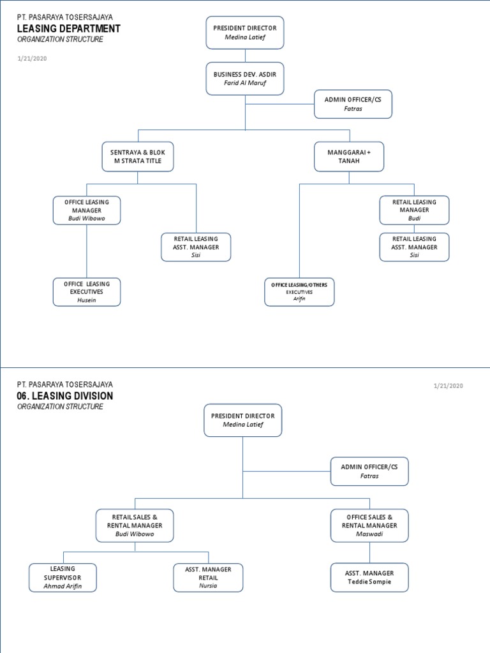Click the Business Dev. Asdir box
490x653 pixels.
click(245, 78)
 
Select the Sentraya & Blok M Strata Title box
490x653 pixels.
click(137, 157)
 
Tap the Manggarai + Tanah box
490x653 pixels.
click(349, 157)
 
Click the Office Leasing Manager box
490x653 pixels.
click(86, 210)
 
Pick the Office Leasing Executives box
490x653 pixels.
click(86, 291)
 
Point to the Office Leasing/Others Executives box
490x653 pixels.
click(299, 291)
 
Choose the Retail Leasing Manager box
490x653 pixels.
click(414, 210)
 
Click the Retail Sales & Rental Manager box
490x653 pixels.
click(135, 525)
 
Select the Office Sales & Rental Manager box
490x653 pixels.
click(369, 525)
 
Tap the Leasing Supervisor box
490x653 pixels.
click(63, 577)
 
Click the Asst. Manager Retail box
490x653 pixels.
click(208, 577)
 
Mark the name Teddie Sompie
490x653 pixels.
click(369, 582)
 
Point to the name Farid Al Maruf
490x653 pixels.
click(245, 84)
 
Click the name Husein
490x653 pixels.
click(86, 300)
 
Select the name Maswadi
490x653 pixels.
click(369, 534)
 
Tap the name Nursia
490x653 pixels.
click(208, 585)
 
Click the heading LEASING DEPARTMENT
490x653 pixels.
click(68, 29)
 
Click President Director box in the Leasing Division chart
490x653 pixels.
click(242, 420)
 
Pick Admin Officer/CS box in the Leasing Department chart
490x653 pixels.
click(353, 104)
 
